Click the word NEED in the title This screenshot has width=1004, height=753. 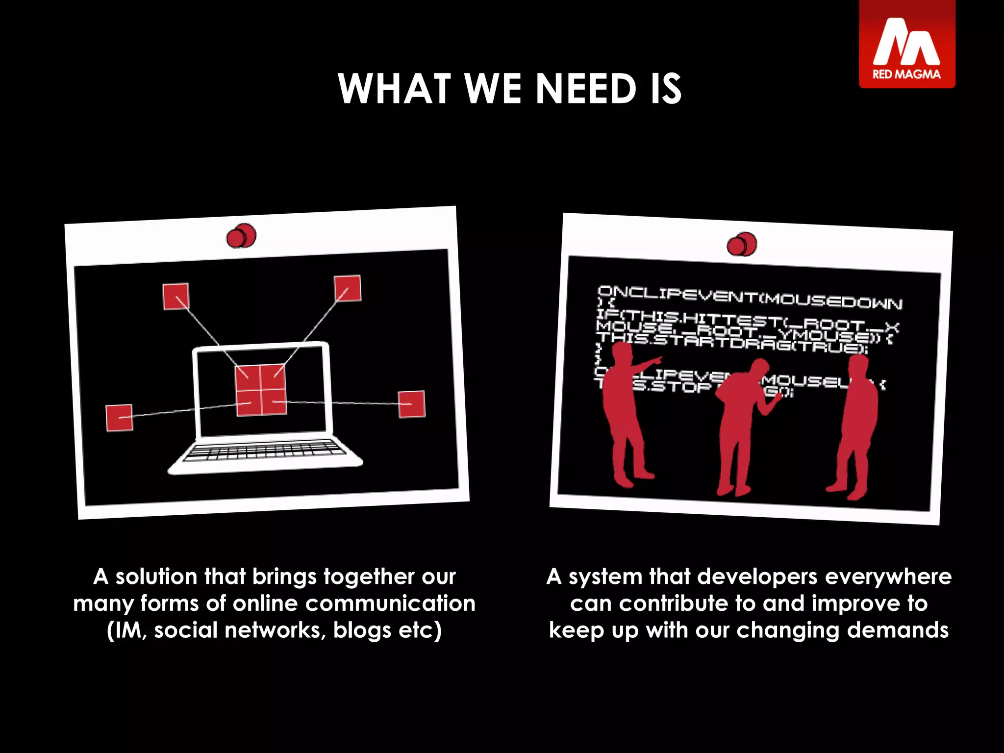coord(586,89)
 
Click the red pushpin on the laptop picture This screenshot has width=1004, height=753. coord(241,236)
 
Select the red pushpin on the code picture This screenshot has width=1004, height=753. coord(742,244)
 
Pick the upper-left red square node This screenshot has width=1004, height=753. coord(176,297)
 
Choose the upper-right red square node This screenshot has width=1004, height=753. coord(348,288)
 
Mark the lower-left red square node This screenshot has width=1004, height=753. coord(119,418)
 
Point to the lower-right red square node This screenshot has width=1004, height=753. coord(412,404)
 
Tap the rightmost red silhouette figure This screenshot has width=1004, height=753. coord(855,427)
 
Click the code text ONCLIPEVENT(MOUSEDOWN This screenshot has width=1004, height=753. coord(750,297)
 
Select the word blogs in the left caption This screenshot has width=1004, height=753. coord(362,630)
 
